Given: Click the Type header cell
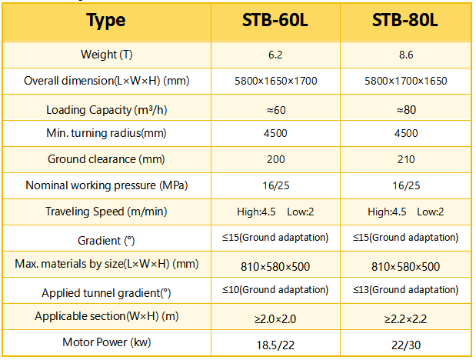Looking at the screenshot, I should [x=106, y=21].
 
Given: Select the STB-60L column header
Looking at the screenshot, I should [x=275, y=21].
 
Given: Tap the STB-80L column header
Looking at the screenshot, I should [x=405, y=21].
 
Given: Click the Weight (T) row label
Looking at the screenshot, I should [x=106, y=55].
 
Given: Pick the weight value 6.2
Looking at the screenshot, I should [x=275, y=55].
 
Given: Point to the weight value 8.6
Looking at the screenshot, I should [x=405, y=55].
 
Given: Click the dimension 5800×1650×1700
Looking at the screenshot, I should [x=275, y=82].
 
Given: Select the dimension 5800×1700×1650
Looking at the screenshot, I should [x=405, y=82].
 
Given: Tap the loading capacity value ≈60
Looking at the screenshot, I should [x=275, y=109].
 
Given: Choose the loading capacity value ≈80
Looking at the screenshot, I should [x=405, y=109].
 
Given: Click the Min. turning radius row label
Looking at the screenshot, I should [x=106, y=134].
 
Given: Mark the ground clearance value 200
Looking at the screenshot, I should [x=275, y=160].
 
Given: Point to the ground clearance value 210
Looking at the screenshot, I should [x=405, y=160].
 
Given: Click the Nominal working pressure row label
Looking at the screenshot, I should [x=106, y=185].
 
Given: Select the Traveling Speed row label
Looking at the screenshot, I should [x=106, y=212].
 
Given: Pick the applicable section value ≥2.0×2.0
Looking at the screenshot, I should [x=275, y=316].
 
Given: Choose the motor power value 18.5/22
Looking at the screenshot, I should [x=275, y=342].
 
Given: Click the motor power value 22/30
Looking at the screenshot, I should [x=405, y=342].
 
